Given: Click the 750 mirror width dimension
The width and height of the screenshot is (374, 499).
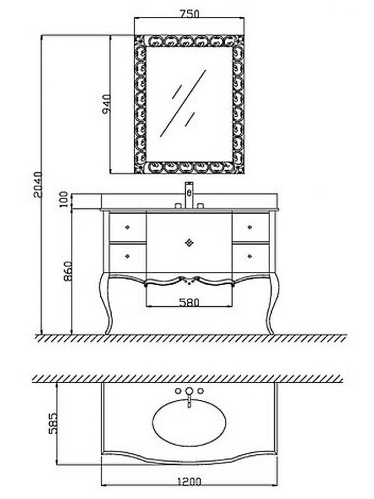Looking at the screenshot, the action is coord(189,14).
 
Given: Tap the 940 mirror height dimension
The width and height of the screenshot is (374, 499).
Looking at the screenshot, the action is coord(106,104).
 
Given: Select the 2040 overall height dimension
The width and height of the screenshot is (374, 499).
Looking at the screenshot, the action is coord(37,185).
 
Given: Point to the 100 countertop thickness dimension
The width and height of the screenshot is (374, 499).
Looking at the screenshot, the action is coord(64,199).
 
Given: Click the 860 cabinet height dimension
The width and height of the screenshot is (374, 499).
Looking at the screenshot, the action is coord(67,271).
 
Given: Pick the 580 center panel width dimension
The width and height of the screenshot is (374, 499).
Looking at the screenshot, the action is coord(189,302).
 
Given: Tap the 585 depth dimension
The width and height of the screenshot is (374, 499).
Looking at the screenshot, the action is coord(52,424).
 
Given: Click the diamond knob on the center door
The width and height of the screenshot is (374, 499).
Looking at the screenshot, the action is coord(189,243).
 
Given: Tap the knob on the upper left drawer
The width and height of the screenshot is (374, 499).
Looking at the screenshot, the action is coord(128,227).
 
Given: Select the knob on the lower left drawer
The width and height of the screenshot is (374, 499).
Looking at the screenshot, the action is coord(128,256).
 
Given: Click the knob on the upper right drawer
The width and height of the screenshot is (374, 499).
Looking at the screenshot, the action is coord(250,227).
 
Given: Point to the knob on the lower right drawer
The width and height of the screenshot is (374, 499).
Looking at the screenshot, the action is coord(250,256).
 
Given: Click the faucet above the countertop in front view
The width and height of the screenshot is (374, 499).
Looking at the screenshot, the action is coord(189,195).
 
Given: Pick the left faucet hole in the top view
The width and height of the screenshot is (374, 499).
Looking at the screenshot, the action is coord(178,391).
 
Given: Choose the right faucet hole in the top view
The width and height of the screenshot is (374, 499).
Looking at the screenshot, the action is coord(200,391).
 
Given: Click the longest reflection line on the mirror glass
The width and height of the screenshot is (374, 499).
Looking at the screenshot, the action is coord(183,104).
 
